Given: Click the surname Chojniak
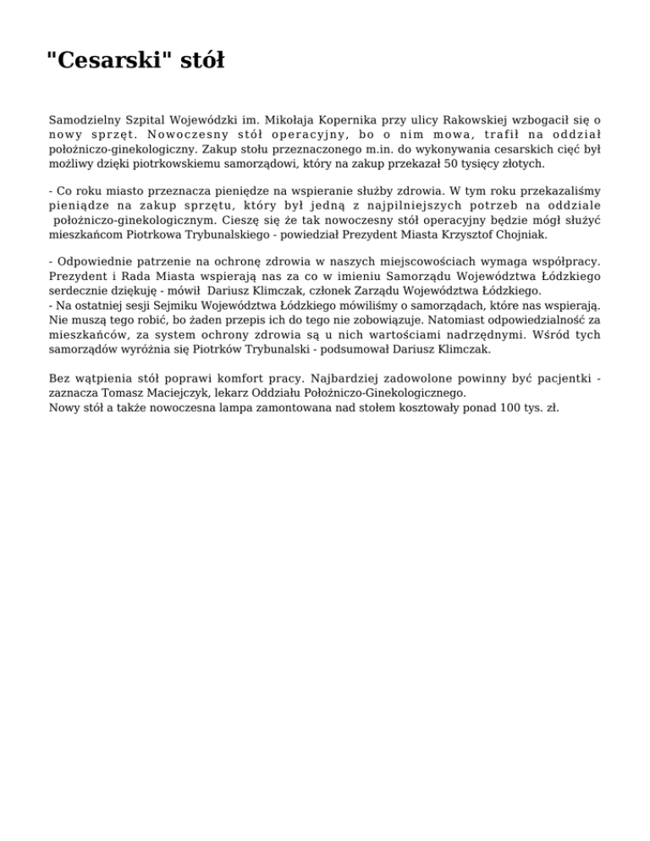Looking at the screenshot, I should [526, 234].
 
